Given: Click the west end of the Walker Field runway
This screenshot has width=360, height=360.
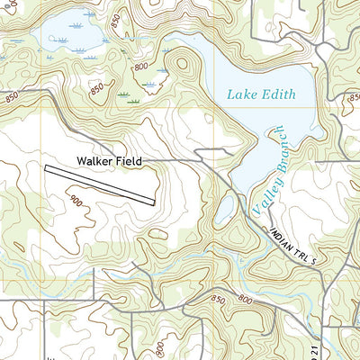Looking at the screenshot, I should tap(45, 166).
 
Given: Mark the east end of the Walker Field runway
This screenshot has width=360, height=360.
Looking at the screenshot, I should tap(156, 201).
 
